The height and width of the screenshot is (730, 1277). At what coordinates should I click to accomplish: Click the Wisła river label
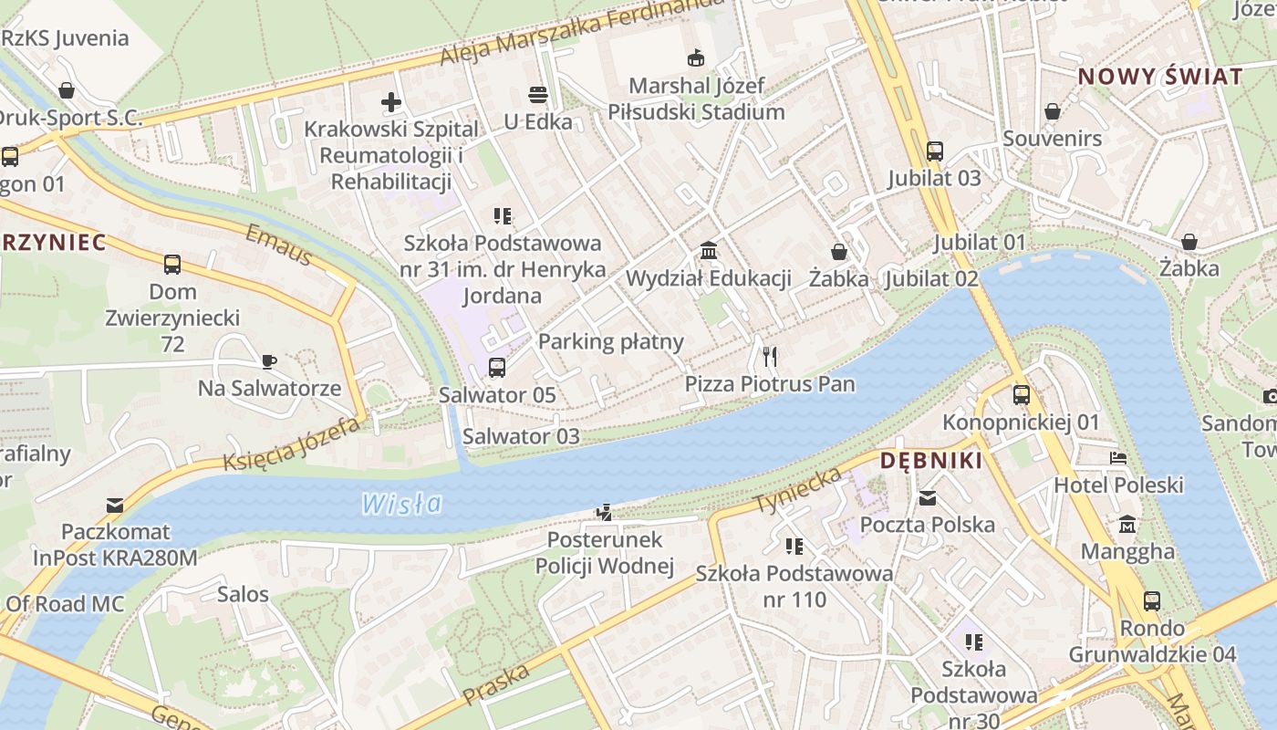pos(401,503)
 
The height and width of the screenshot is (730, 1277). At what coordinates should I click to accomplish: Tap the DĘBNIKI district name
pos(931,461)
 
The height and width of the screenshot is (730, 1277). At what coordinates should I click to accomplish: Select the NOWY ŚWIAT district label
pos(1160,77)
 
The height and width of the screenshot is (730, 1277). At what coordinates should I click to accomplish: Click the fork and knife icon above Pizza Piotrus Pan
pos(770,357)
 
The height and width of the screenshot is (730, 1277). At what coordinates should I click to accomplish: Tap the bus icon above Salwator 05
pos(496,368)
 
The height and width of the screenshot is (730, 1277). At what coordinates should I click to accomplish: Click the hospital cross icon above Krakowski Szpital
pos(391,102)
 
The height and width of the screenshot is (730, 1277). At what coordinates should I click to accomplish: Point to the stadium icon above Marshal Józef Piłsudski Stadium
pos(696,58)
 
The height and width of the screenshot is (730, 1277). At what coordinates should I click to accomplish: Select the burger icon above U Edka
pos(538,95)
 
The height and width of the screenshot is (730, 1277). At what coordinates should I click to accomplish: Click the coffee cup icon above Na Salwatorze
pos(269,361)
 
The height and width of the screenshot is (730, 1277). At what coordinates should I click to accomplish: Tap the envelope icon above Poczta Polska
pos(928,498)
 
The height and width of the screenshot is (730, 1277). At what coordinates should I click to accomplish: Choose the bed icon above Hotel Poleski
pos(1118,458)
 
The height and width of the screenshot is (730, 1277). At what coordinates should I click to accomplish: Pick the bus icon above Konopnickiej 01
pos(1022,395)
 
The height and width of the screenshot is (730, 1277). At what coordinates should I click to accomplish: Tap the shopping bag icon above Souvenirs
pos(1053,111)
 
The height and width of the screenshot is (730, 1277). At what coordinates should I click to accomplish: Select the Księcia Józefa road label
pos(292,444)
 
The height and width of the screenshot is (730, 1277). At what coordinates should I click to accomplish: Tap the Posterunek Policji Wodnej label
pos(604,553)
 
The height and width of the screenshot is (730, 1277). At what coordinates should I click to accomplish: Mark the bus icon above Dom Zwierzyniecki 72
pos(172,265)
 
